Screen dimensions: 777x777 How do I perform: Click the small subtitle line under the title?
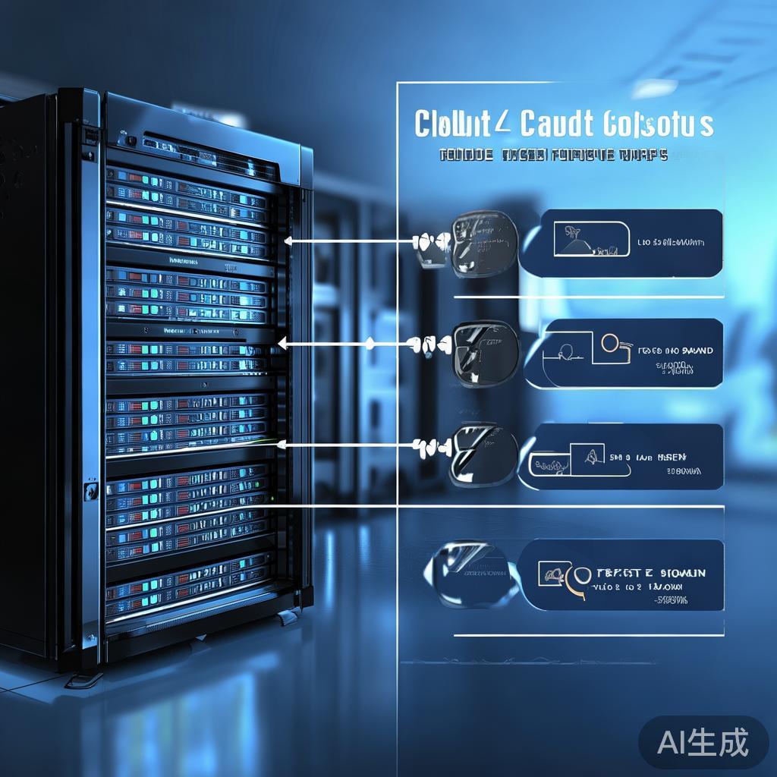[x=553, y=156]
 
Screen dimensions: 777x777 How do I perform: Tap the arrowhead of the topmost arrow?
[x=288, y=241]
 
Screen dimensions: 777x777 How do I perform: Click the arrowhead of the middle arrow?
[x=282, y=344]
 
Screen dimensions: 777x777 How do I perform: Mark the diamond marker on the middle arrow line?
[x=370, y=344]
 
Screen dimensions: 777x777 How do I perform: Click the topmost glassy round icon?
[x=484, y=243]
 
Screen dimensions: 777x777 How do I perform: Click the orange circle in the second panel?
[x=610, y=343]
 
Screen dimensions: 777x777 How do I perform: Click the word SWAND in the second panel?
[x=696, y=351]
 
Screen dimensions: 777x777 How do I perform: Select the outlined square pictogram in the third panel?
[x=587, y=455]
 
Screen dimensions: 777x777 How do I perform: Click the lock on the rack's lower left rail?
[x=90, y=491]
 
